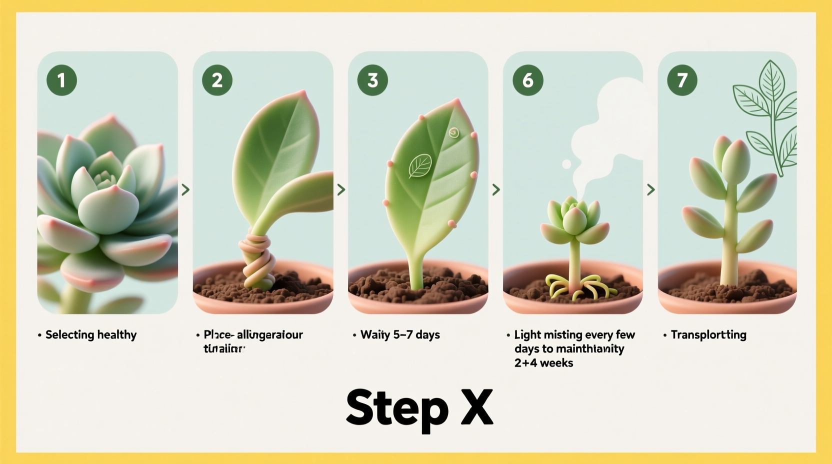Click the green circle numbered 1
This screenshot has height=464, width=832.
click(61, 80)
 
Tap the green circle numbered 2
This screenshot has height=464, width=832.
click(217, 80)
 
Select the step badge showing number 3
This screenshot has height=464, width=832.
click(372, 80)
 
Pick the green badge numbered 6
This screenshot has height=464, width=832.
click(528, 80)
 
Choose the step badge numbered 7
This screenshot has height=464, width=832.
click(682, 80)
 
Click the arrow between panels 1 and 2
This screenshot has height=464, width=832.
click(185, 189)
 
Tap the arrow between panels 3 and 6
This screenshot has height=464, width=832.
click(496, 189)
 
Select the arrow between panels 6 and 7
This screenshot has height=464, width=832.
click(651, 189)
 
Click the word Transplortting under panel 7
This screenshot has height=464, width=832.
click(708, 334)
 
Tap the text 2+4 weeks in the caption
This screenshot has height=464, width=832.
click(543, 362)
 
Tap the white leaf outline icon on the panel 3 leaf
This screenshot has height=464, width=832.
click(420, 166)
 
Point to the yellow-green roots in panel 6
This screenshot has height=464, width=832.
click(575, 287)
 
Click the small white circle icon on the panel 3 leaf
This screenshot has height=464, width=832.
click(454, 132)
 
